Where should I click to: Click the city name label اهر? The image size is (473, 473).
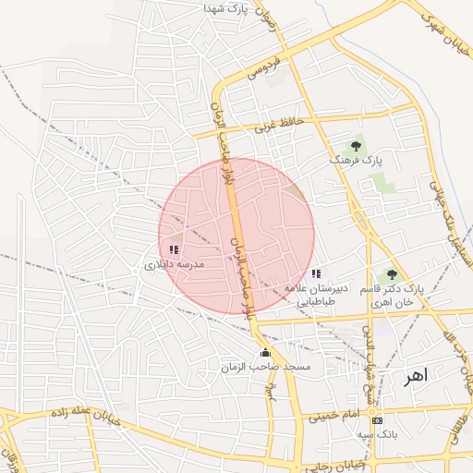pyautogui.click(x=418, y=376)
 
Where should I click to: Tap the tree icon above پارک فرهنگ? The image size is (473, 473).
pyautogui.click(x=356, y=145)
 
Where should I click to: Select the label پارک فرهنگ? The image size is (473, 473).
pyautogui.click(x=356, y=161)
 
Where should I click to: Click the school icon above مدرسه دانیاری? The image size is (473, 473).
pyautogui.click(x=174, y=249)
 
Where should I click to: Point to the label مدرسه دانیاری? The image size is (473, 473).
pyautogui.click(x=173, y=265)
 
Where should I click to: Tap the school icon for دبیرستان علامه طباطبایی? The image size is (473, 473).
pyautogui.click(x=317, y=273)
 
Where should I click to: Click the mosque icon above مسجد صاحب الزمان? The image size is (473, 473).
pyautogui.click(x=266, y=352)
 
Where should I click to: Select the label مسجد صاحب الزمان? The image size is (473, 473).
pyautogui.click(x=266, y=368)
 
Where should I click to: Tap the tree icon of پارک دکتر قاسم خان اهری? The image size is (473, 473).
pyautogui.click(x=393, y=273)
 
